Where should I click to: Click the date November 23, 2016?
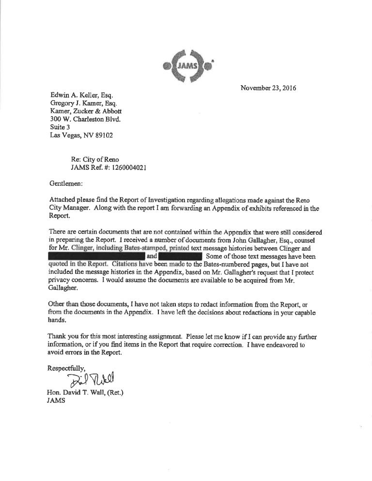point(268,89)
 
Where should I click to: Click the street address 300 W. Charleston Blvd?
point(85,119)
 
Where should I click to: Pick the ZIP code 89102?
point(103,135)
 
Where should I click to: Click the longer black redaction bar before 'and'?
point(97,256)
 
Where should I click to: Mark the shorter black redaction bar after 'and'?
point(180,256)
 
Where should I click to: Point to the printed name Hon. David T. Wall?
point(78,392)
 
